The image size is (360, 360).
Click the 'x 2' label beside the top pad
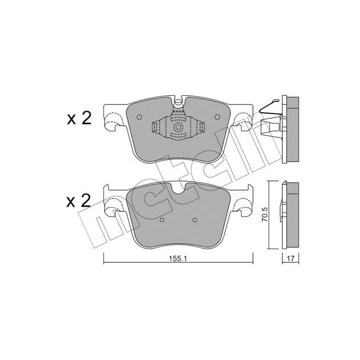point(79,119)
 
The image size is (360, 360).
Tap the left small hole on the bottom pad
point(161,221)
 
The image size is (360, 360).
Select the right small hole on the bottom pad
point(194,221)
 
